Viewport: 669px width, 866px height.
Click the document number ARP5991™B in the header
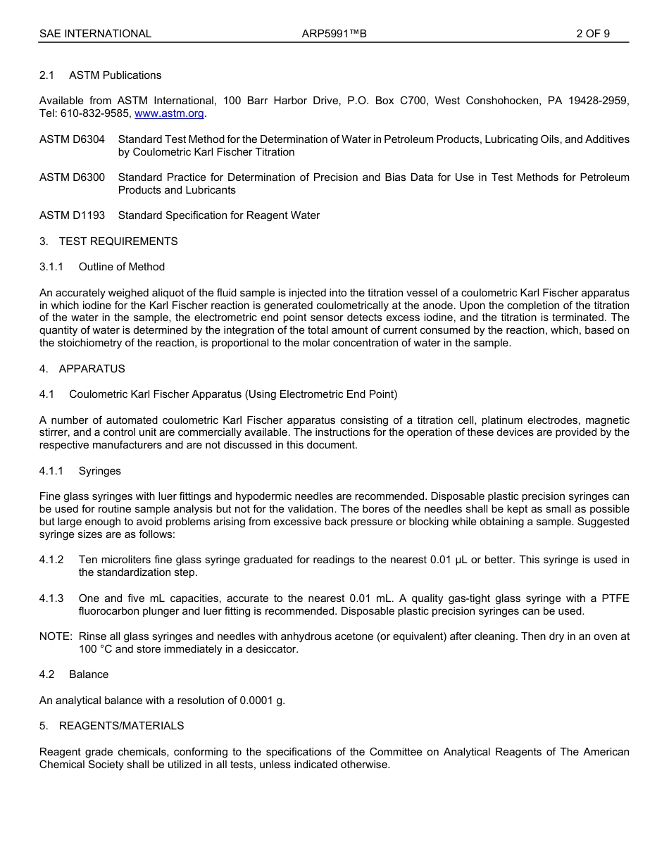334,34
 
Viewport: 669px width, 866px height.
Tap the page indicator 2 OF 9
592,34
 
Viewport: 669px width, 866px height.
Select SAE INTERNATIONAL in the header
95,34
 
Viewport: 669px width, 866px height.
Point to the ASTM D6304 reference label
72,139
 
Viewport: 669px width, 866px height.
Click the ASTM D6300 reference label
72,177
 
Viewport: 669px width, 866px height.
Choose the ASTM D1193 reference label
72,215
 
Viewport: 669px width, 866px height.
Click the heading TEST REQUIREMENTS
118,241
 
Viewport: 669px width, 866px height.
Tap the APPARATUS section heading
92,369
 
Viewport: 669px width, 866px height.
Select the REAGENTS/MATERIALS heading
121,726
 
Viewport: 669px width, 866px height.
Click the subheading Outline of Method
121,267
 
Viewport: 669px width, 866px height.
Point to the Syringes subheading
99,471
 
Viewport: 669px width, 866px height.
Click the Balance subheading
89,674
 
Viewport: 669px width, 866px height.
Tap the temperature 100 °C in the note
95,649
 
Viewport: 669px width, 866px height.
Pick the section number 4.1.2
51,560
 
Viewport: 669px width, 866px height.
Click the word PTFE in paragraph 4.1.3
615,598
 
